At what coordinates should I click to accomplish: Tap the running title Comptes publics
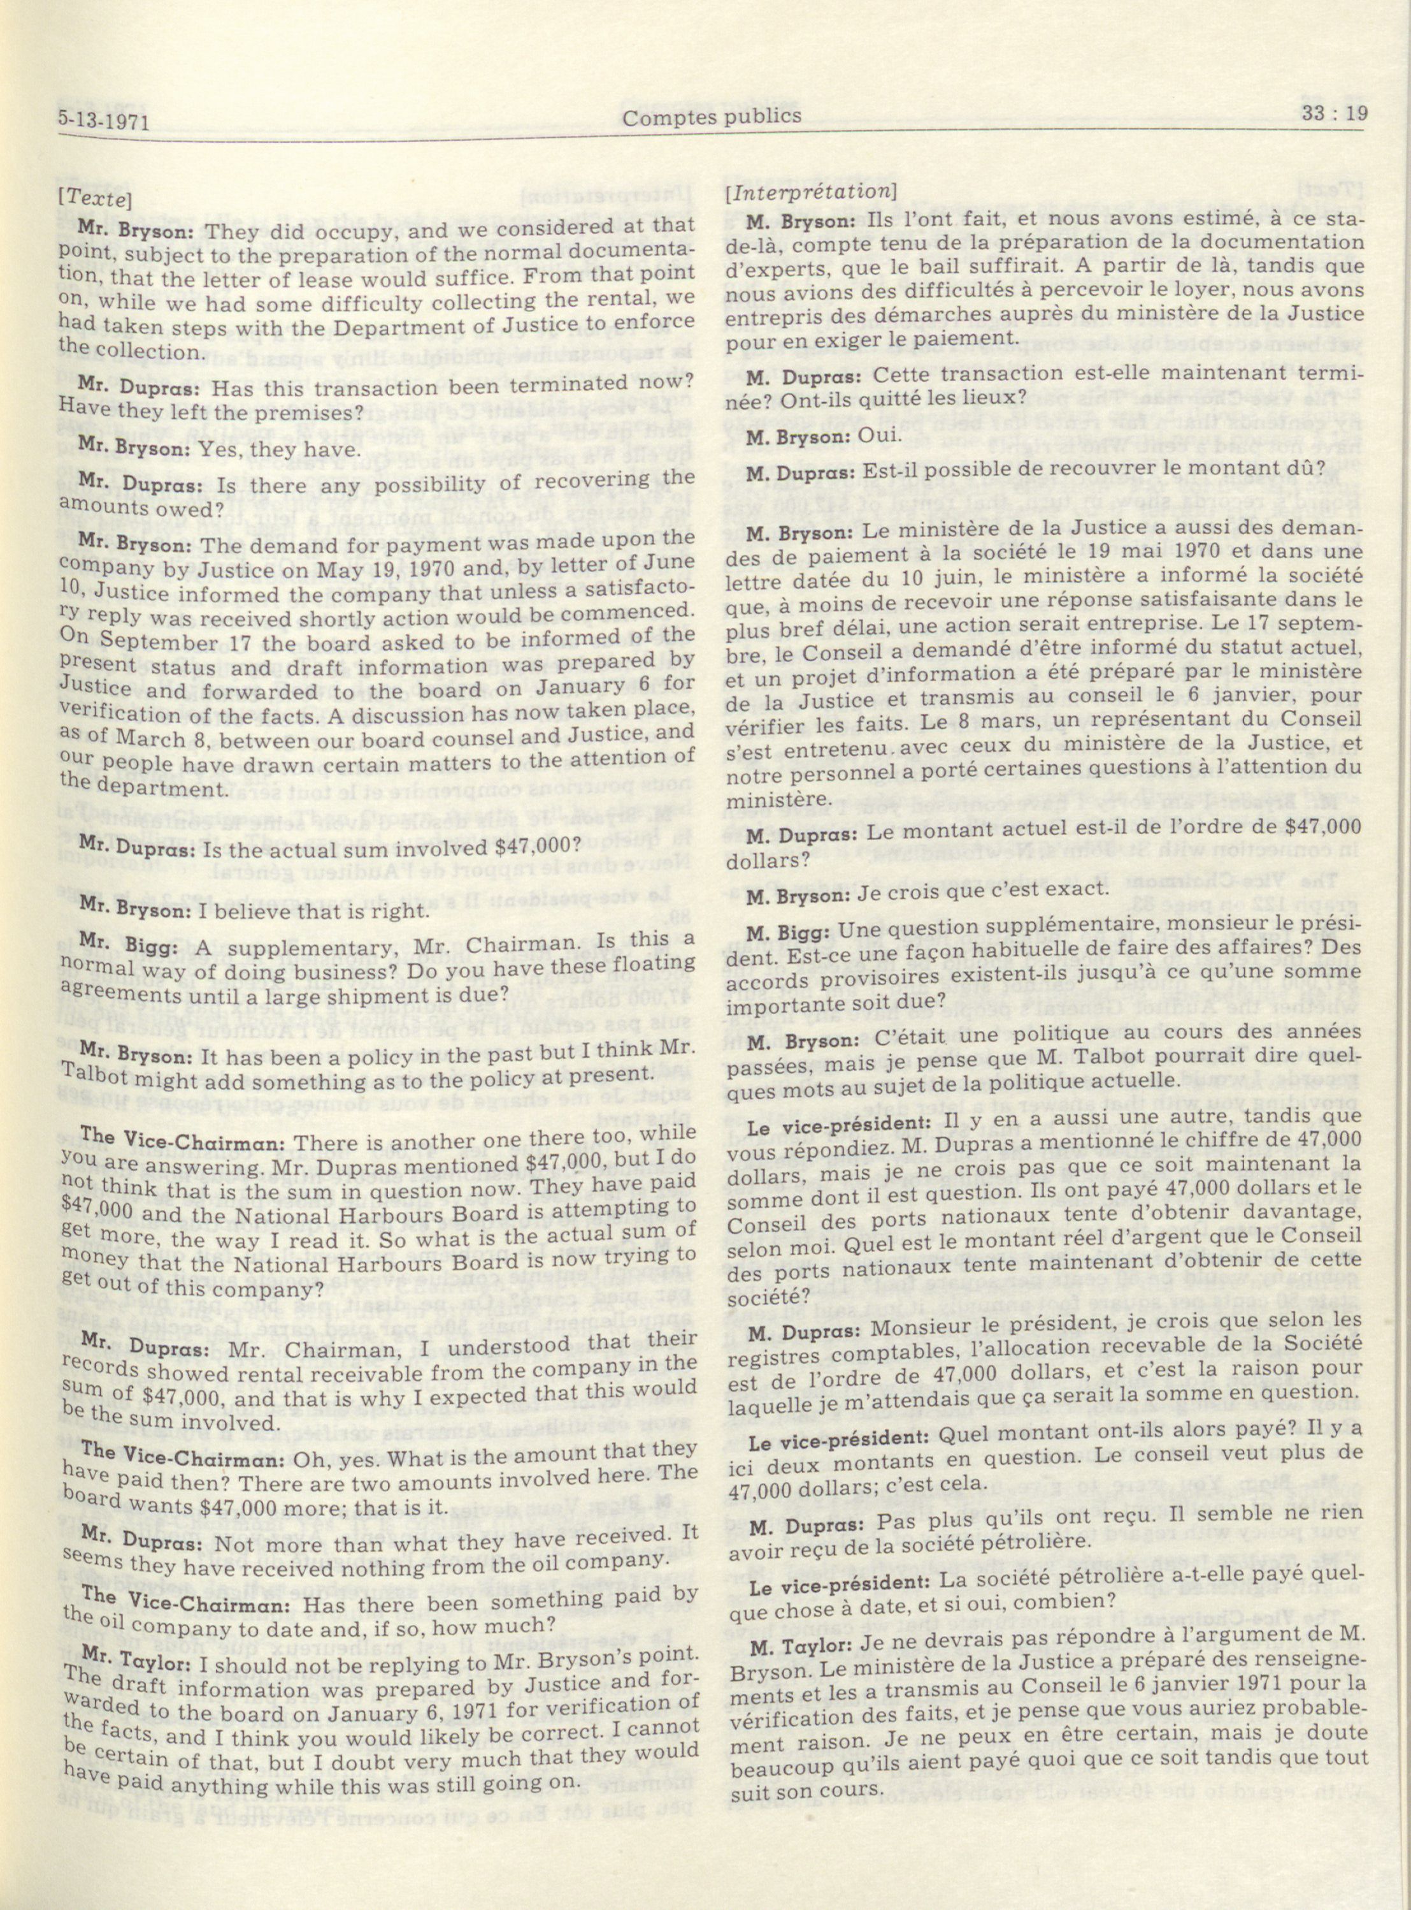point(711,116)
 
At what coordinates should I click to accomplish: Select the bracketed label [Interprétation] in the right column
point(810,191)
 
